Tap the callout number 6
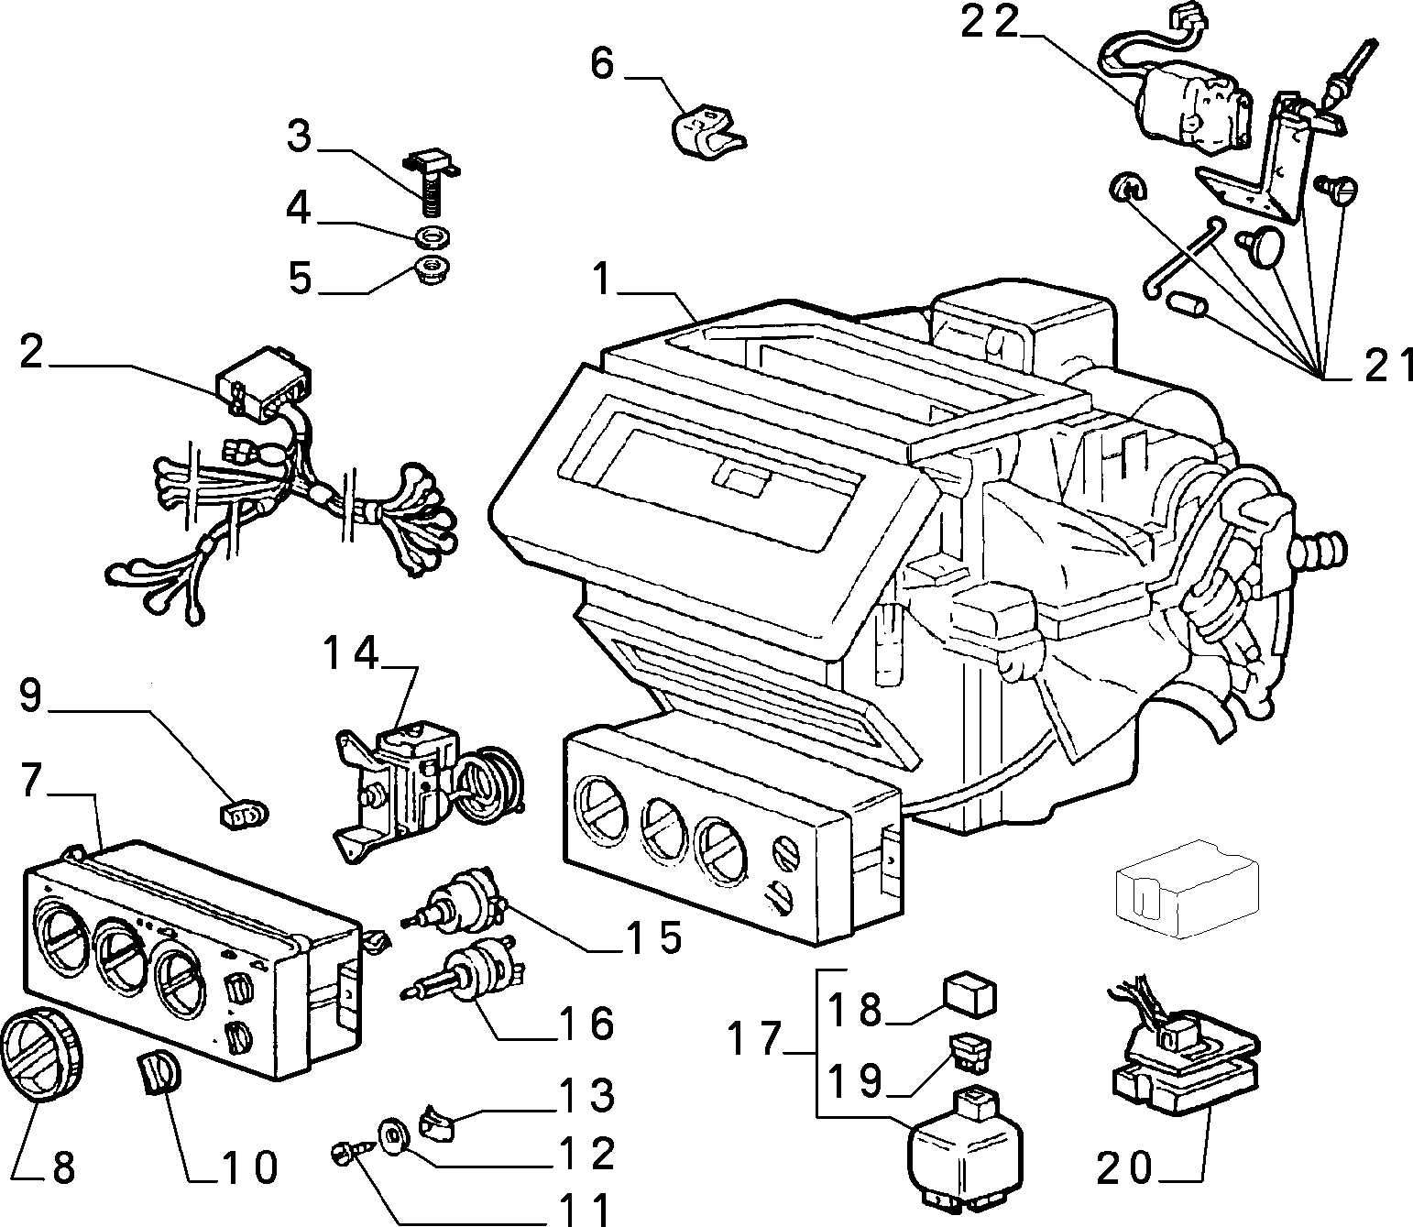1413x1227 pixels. [x=602, y=63]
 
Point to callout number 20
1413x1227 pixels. [x=1125, y=1167]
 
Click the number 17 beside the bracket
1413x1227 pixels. [x=754, y=1038]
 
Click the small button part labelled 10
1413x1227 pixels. [x=158, y=1071]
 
